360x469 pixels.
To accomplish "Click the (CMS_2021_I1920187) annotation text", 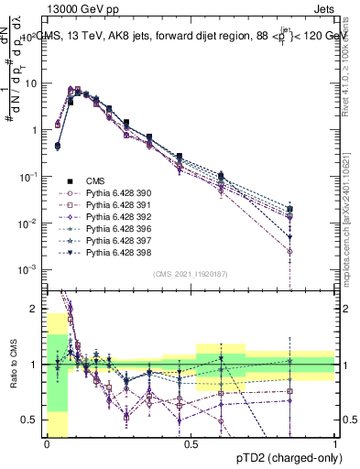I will [191, 274].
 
